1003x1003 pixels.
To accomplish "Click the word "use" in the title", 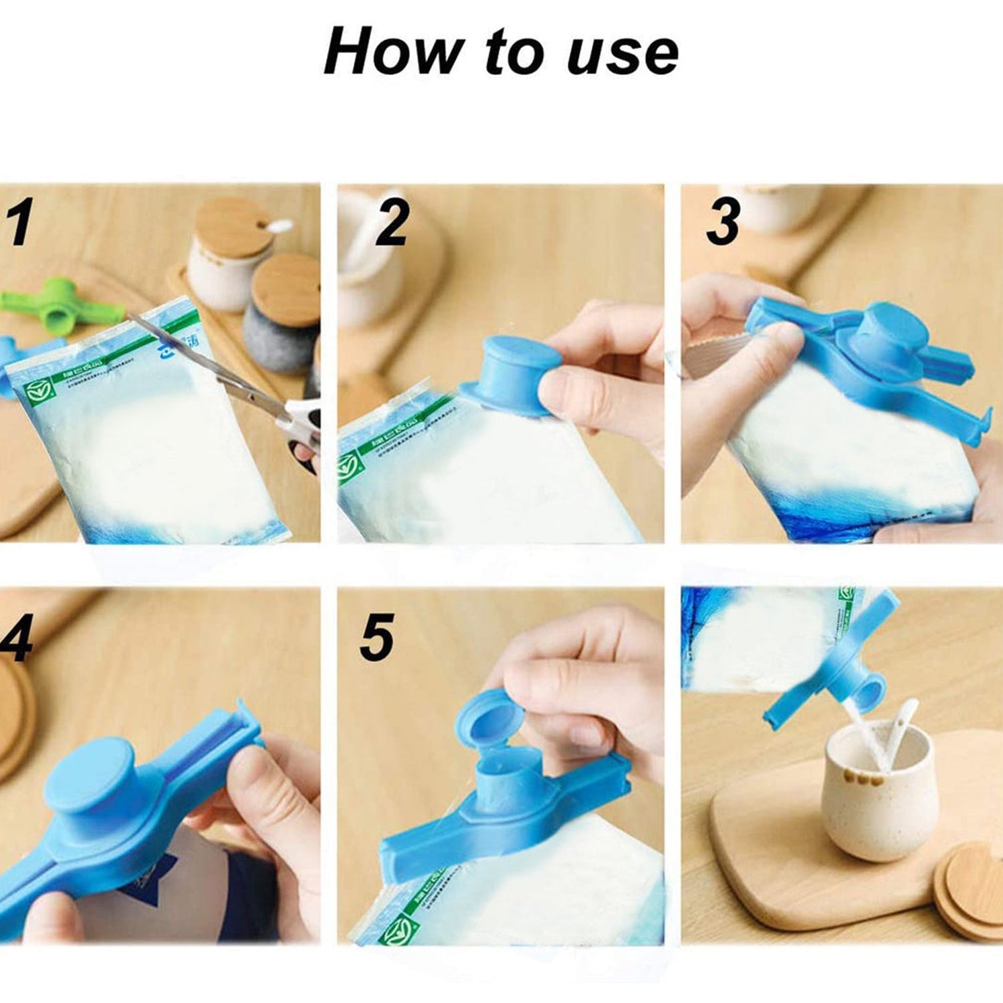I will pyautogui.click(x=622, y=53).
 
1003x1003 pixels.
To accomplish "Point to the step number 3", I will pyautogui.click(x=723, y=221).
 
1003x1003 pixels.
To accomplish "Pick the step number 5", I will pyautogui.click(x=376, y=638).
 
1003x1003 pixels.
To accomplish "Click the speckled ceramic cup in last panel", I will pyautogui.click(x=863, y=796).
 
